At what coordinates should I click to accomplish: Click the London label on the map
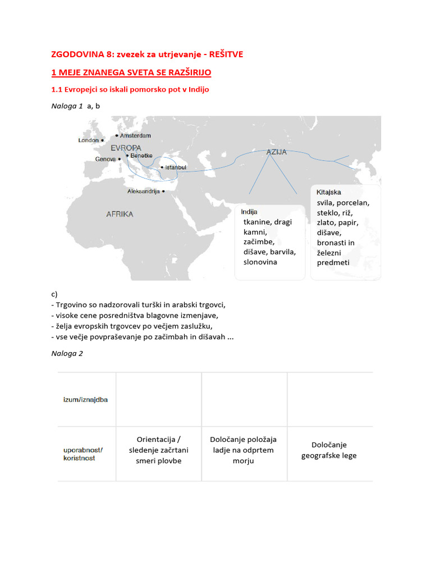coord(88,140)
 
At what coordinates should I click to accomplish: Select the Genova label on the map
coord(106,159)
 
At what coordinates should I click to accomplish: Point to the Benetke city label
coord(141,156)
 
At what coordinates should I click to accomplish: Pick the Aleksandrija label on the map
coord(144,191)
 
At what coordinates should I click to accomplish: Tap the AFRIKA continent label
coord(120,214)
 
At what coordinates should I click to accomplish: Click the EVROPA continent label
coord(126,148)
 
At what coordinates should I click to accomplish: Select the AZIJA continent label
coord(276,152)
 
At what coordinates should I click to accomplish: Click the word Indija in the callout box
coord(249,212)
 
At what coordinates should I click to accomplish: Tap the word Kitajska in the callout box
coord(329,193)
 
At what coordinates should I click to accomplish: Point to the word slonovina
coord(260,262)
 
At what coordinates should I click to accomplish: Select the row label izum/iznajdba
coord(86,399)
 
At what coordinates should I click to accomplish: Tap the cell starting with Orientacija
coord(159,450)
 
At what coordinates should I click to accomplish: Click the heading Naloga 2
coord(67,353)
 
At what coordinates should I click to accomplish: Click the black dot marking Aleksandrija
coord(163,191)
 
